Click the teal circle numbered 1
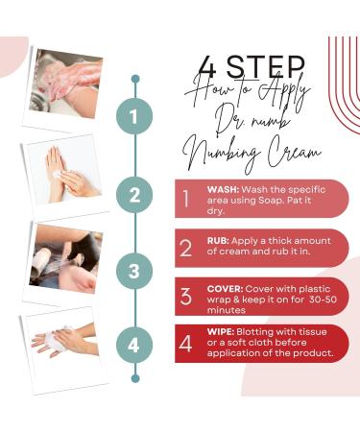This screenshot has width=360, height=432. click(x=134, y=116)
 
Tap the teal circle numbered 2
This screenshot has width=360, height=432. click(x=134, y=195)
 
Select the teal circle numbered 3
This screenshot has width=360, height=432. click(x=134, y=271)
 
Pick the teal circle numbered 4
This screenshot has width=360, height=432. click(x=134, y=346)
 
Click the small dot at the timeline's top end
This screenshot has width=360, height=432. click(x=135, y=79)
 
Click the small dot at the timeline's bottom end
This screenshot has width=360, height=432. click(x=135, y=378)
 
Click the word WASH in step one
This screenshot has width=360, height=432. click(x=223, y=189)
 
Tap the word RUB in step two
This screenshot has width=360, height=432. click(x=218, y=240)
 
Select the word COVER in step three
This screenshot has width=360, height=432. click(x=226, y=289)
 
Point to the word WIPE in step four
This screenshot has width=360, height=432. click(x=221, y=331)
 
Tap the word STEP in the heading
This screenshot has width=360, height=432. click(x=266, y=66)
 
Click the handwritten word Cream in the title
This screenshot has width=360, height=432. click(x=294, y=153)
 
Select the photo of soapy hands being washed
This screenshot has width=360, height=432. click(x=66, y=84)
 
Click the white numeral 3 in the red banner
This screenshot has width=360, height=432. click(x=186, y=296)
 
